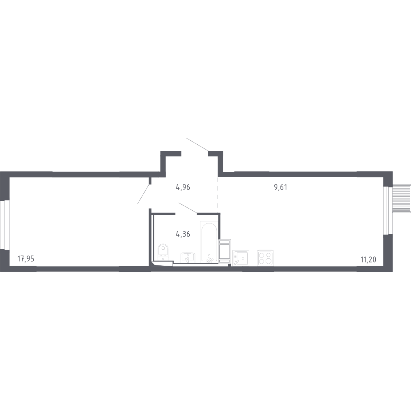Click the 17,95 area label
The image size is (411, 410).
tap(26, 259)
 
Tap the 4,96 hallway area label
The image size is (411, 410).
tap(183, 187)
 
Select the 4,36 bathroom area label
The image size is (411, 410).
tap(183, 234)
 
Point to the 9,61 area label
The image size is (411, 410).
tap(280, 187)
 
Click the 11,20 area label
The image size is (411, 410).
tap(368, 260)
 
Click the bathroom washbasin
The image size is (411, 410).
tap(187, 257)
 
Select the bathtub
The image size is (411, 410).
tap(209, 241)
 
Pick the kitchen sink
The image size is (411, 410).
tap(241, 258)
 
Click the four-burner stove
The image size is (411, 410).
tap(265, 258)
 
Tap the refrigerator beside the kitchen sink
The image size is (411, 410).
tap(225, 251)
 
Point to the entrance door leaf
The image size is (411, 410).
tap(197, 144)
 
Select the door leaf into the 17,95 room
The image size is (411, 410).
tap(144, 194)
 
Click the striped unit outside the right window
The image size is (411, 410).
tap(401, 197)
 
